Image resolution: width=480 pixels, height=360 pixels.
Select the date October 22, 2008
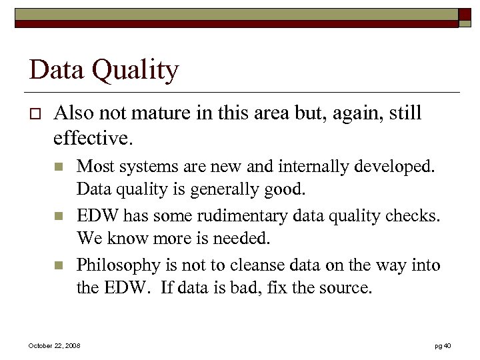pyautogui.click(x=54, y=345)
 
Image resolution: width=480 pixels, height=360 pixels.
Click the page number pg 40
pyautogui.click(x=442, y=345)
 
